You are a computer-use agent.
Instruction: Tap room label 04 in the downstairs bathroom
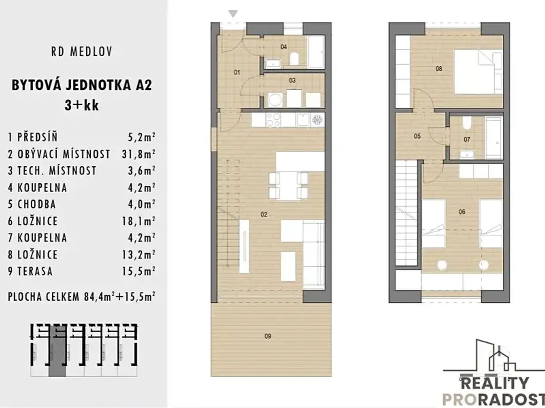(x=283, y=47)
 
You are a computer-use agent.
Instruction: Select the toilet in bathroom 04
(x=294, y=59)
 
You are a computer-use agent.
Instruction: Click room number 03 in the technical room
(x=292, y=81)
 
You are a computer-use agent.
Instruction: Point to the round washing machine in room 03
(x=275, y=100)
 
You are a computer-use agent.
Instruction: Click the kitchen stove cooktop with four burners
(x=273, y=120)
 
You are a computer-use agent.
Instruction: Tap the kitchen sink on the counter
(x=303, y=120)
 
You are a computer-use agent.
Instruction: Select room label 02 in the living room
(x=264, y=214)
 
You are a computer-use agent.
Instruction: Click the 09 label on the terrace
(x=268, y=336)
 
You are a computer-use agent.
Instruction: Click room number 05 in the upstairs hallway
(x=417, y=136)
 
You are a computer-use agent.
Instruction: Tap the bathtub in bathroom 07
(x=494, y=137)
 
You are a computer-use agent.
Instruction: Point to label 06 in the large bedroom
(x=462, y=212)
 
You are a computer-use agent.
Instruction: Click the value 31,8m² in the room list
(x=139, y=154)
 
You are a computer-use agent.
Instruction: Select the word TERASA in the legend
(x=35, y=271)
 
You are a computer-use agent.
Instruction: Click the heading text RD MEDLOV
(x=82, y=52)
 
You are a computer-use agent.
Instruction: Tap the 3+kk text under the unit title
(x=82, y=105)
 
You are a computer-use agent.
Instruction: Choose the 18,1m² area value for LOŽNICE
(x=139, y=221)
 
